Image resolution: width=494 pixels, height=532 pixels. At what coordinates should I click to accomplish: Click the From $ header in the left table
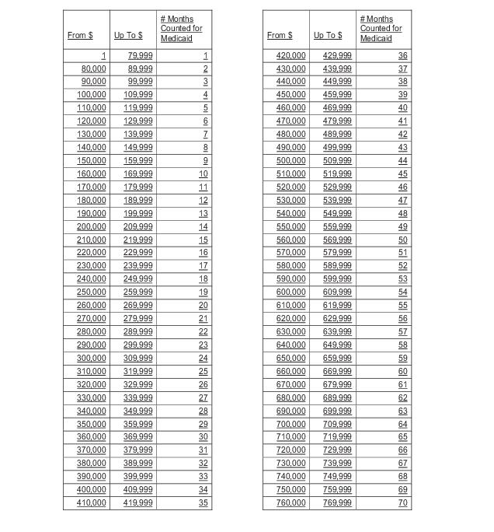point(80,36)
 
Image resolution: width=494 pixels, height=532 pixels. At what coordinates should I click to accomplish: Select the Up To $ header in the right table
point(327,36)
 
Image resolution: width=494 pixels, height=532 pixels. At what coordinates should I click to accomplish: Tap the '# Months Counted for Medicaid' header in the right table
point(381,29)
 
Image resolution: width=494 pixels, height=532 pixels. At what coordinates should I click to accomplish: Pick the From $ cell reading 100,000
point(92,95)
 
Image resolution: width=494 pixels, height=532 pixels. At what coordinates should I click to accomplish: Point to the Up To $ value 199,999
point(138,213)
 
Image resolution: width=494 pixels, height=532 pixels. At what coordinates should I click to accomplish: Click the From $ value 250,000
point(92,292)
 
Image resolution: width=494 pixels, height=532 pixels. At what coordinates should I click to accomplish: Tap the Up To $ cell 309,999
point(138,358)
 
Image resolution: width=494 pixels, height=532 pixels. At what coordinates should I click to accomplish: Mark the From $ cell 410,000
point(92,502)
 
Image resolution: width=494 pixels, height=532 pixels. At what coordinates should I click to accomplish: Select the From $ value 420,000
point(291,56)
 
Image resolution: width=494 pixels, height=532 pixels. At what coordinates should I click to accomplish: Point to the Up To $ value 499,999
point(337,148)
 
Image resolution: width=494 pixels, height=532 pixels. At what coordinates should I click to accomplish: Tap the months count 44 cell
point(402,161)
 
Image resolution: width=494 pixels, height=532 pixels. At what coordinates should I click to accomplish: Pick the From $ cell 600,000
point(291,292)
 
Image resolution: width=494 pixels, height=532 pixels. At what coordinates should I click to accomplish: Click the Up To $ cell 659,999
point(337,358)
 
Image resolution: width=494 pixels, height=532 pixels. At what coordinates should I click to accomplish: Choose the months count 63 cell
point(402,411)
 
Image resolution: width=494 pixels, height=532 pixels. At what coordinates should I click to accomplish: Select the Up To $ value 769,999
point(337,502)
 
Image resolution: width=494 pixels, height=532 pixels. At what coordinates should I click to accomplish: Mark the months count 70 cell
point(402,502)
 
